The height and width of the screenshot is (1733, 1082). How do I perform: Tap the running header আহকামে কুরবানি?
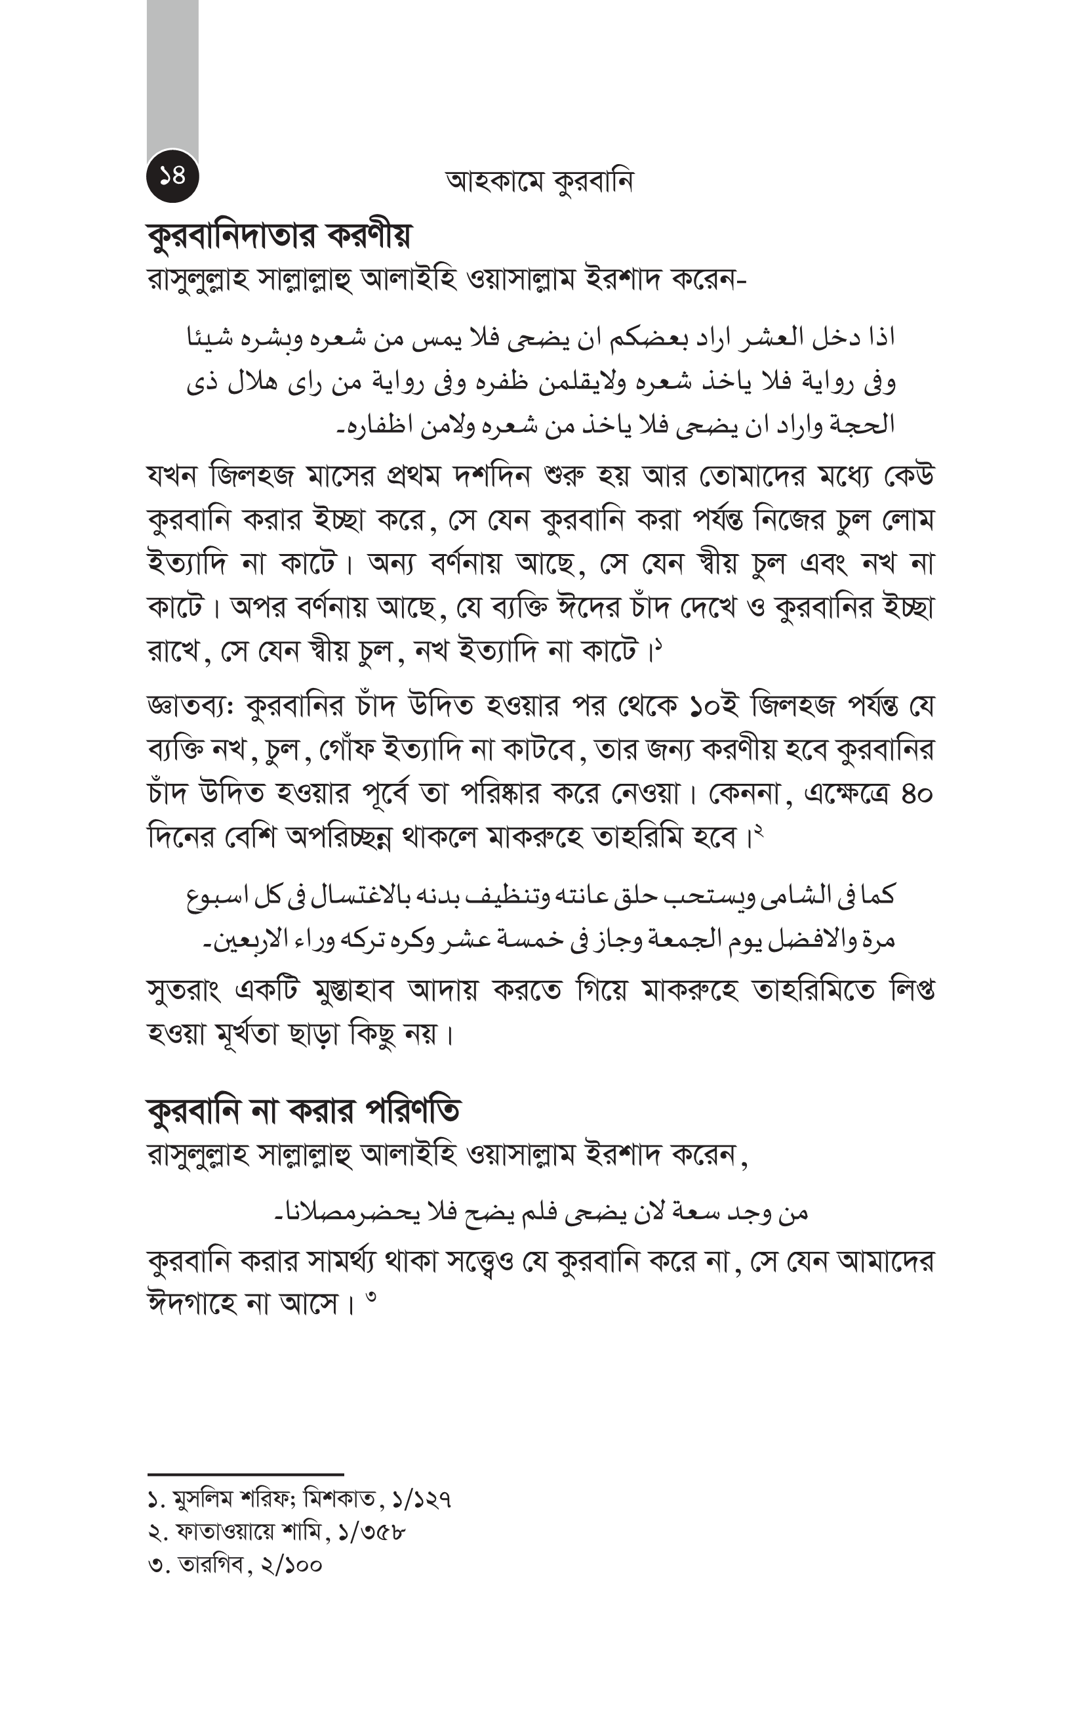539,182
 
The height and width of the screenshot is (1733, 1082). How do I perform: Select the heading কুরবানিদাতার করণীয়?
279,236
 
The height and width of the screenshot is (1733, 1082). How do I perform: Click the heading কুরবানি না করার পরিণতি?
304,1111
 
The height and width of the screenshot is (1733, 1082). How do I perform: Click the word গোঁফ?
346,750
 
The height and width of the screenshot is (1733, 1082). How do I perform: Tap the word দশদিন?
492,476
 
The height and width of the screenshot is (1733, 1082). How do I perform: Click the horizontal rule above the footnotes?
245,1474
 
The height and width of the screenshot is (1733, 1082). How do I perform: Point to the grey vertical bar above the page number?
172,79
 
